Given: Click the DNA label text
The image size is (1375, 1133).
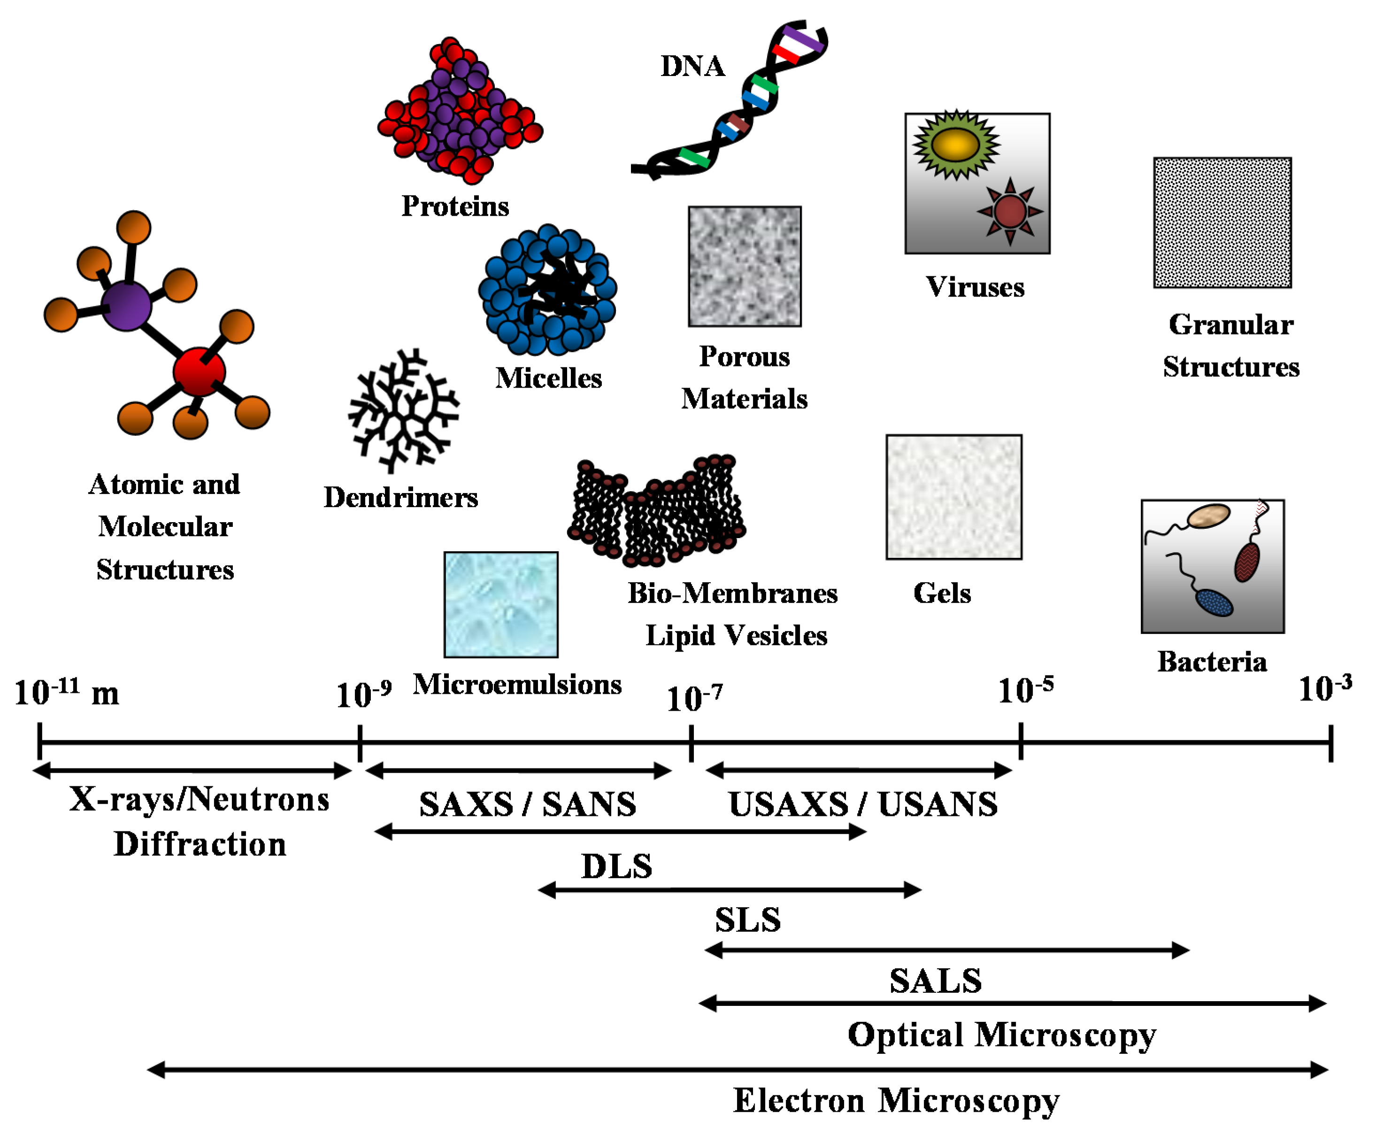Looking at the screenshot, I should pyautogui.click(x=692, y=67).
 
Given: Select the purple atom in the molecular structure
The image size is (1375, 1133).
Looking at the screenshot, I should pyautogui.click(x=126, y=306).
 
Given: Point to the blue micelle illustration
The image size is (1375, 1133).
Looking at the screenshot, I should pyautogui.click(x=547, y=290).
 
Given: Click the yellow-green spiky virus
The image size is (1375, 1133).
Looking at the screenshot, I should pyautogui.click(x=956, y=145).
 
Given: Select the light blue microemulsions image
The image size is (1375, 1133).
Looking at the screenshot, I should pyautogui.click(x=501, y=604).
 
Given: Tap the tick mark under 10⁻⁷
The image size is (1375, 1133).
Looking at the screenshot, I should pyautogui.click(x=691, y=743).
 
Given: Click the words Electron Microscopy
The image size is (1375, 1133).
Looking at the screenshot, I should pyautogui.click(x=896, y=1101).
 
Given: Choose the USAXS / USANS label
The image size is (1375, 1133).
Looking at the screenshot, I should pyautogui.click(x=862, y=804).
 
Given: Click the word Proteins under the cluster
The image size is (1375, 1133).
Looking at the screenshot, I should pyautogui.click(x=454, y=206).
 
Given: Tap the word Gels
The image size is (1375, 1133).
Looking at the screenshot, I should pyautogui.click(x=942, y=593).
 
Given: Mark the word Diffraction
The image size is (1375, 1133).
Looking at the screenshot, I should pyautogui.click(x=200, y=844).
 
